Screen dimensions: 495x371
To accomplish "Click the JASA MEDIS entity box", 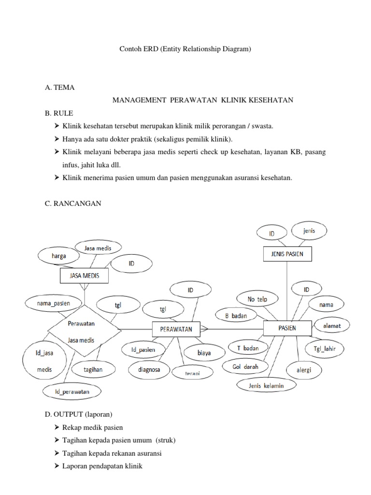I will coord(84,276).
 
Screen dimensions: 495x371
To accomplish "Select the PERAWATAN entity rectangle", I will coord(172,329).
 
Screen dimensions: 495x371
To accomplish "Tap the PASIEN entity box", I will coord(287,328).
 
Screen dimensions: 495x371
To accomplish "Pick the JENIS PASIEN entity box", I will coord(287,254).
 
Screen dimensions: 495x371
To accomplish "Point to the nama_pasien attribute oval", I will coord(54,304).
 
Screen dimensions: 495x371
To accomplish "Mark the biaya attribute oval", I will coord(204,353).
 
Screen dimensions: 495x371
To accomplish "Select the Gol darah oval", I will coord(245,367).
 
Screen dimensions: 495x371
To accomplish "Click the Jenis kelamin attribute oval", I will coord(266,385).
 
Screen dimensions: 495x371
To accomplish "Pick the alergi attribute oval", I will coord(304,370).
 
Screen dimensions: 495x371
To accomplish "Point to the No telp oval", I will coord(257,299).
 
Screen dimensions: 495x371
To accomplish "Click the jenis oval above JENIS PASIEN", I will coord(309,231).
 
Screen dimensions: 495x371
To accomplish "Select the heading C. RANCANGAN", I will coord(72,204).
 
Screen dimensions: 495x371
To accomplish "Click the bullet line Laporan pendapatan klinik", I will coord(102,466).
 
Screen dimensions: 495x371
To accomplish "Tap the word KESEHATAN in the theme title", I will coord(271,100).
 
